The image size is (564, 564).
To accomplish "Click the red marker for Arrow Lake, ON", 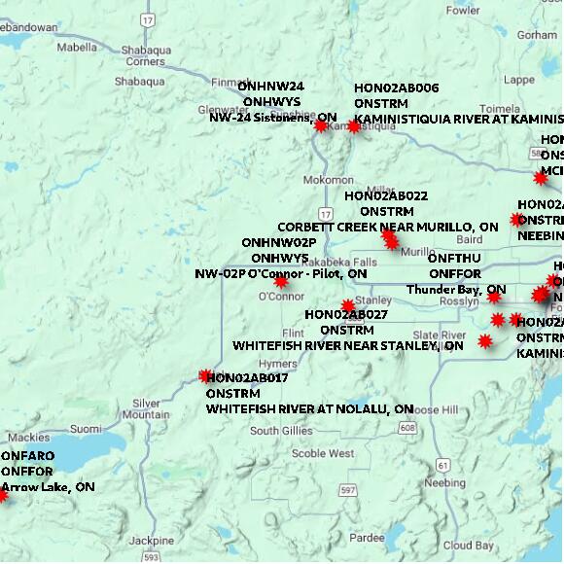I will tap(2, 496).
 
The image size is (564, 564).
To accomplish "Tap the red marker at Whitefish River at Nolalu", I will tap(205, 375).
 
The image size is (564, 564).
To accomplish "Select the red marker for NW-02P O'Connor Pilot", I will tap(281, 281).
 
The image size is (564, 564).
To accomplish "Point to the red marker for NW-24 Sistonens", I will tap(321, 125).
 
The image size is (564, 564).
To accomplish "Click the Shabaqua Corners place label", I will tap(145, 54).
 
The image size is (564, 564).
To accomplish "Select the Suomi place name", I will tap(86, 429).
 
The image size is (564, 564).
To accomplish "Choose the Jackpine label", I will tap(152, 540).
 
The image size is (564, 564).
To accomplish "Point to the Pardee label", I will tap(367, 537).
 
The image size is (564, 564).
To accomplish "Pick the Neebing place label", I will tap(445, 482).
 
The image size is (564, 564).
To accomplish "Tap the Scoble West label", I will tap(323, 453).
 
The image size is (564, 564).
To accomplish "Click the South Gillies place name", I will tap(281, 430).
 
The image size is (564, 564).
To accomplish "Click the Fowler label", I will tap(464, 11).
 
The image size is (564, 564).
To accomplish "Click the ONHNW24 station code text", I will tap(271, 86).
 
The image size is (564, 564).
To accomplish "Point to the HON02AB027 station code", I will tap(346, 314).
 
